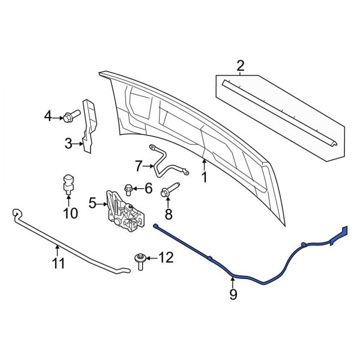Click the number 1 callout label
204,177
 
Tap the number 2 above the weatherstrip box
241,65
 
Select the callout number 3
68,143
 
